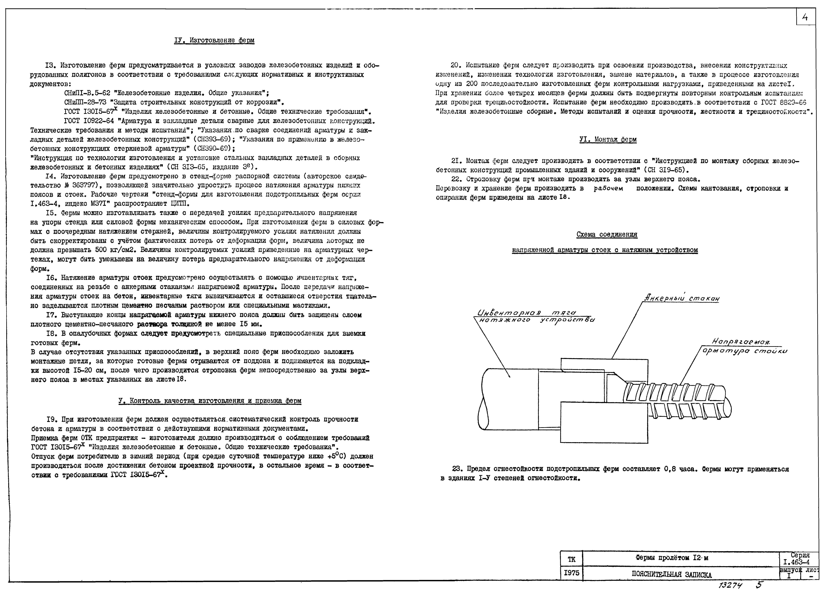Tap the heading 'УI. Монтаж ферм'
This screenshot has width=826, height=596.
tap(608, 140)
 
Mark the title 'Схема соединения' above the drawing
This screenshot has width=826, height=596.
tap(607, 235)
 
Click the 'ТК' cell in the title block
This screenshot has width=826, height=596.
tap(571, 559)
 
